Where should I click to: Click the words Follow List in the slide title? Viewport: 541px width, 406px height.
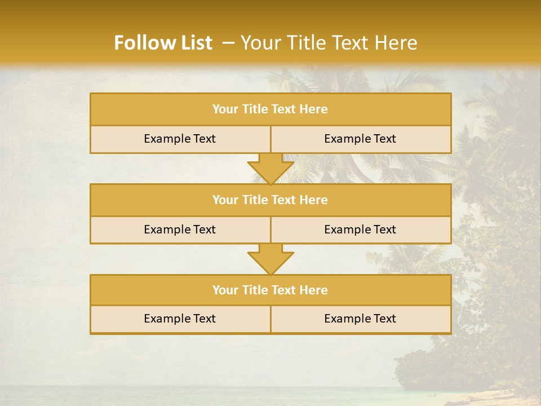(163, 43)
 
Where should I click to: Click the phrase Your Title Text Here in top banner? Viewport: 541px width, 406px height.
(329, 43)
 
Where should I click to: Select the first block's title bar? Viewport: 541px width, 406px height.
(270, 109)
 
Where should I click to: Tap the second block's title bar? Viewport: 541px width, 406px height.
(270, 200)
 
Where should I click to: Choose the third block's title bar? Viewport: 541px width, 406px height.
(270, 290)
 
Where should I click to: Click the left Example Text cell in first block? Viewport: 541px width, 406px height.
(180, 139)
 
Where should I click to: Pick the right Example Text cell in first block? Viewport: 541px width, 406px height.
(360, 139)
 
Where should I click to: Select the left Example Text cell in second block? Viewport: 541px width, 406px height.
(180, 230)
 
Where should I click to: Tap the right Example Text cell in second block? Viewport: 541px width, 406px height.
(360, 230)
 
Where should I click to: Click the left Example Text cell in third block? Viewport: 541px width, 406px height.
(180, 319)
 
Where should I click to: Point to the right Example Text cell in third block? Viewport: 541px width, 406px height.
(360, 319)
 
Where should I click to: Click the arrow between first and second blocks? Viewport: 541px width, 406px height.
(270, 169)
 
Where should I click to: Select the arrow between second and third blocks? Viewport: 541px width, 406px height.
(270, 259)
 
